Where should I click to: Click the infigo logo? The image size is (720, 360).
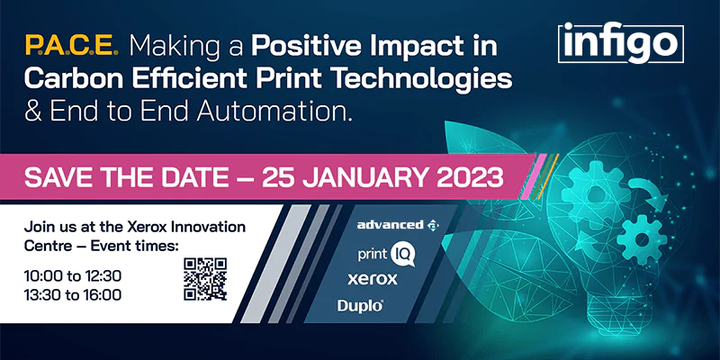(621, 43)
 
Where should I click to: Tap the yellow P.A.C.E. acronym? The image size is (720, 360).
(72, 46)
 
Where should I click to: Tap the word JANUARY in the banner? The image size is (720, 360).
(366, 178)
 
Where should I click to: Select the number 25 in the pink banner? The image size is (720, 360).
(278, 178)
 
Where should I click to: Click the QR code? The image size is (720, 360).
(205, 279)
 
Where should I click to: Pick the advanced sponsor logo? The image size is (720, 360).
(398, 224)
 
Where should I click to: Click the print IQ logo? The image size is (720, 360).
(386, 255)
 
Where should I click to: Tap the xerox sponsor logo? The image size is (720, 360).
(373, 279)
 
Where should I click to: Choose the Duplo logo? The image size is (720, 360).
(361, 305)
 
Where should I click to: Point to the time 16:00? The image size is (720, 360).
(102, 295)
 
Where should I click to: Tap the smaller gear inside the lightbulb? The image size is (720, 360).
(642, 239)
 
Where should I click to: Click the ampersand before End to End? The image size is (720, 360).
(33, 112)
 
